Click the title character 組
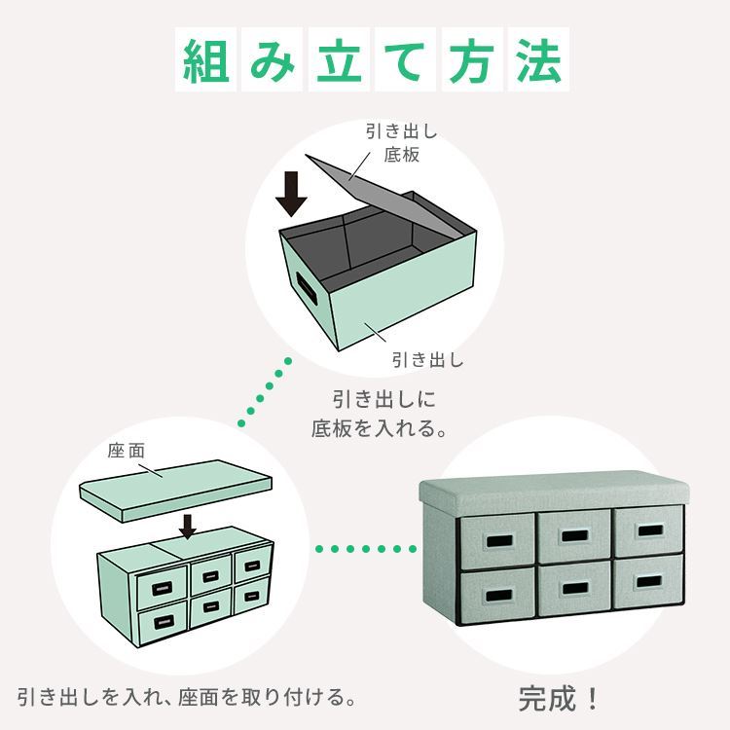pyautogui.click(x=206, y=60)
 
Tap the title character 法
pyautogui.click(x=538, y=60)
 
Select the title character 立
pyautogui.click(x=340, y=60)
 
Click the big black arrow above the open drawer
pyautogui.click(x=291, y=194)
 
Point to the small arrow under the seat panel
pyautogui.click(x=188, y=527)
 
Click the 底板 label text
pyautogui.click(x=401, y=155)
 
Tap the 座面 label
pyautogui.click(x=127, y=451)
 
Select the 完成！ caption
pyautogui.click(x=559, y=698)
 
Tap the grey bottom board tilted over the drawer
pyautogui.click(x=382, y=196)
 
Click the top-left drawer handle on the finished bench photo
pyautogui.click(x=499, y=541)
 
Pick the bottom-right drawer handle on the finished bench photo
pyautogui.click(x=649, y=581)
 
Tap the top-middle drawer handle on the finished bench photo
pyautogui.click(x=574, y=535)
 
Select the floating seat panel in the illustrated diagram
pyautogui.click(x=175, y=492)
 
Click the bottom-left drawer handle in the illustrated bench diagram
pyautogui.click(x=164, y=623)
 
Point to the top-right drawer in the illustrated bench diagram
pyautogui.click(x=252, y=566)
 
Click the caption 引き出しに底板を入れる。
pyautogui.click(x=380, y=414)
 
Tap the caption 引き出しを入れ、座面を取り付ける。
pyautogui.click(x=187, y=698)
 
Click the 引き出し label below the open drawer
pyautogui.click(x=428, y=360)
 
